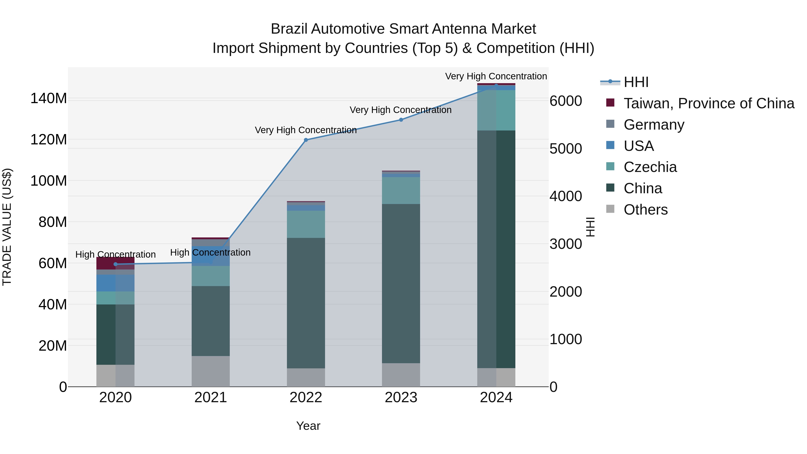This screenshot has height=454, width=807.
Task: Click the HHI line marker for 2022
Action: [306, 140]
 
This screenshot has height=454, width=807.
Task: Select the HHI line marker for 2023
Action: [401, 120]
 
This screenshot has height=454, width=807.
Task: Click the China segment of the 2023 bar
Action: [401, 284]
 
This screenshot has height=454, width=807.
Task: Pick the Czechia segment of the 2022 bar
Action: [306, 224]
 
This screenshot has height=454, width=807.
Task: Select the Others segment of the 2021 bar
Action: [210, 371]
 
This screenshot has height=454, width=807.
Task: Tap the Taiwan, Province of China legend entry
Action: [709, 103]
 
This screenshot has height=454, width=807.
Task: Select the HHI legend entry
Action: [636, 82]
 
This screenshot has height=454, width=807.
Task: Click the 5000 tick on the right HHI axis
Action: [566, 149]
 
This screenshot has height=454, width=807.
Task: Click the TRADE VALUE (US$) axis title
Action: [7, 227]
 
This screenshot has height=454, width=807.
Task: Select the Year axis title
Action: [308, 426]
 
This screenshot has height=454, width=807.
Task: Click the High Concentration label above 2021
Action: [210, 252]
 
